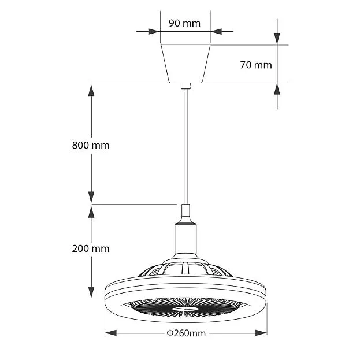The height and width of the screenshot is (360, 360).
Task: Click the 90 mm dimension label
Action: pos(184,23)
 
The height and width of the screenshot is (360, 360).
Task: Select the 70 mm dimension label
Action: pos(256,65)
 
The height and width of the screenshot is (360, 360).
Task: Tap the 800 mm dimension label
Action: pos(91,146)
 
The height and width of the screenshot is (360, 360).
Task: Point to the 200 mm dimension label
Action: pos(91,248)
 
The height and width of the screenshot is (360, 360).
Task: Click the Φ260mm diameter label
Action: pos(186,333)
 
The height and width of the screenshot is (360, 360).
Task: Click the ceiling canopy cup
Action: pos(185,64)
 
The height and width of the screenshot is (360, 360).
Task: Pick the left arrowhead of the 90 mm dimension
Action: pos(154,31)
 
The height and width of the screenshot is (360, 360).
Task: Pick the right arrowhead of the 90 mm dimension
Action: pos(216,31)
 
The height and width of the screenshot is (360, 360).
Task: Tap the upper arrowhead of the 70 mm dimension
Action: pos(277,39)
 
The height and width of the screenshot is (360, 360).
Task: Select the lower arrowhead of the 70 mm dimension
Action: pos(277,89)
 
